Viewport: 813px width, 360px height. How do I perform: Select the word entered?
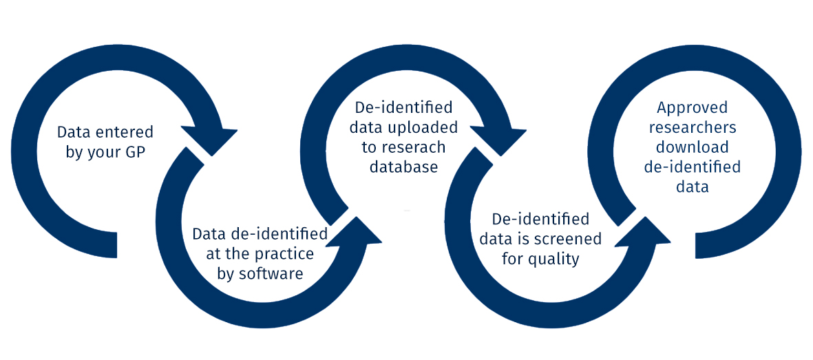coord(129,131)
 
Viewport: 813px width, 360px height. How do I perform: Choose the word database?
coord(403,167)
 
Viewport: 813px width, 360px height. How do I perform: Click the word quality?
coord(553,259)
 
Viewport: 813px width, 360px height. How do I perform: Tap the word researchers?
coord(692,127)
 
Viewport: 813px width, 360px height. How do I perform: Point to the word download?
coord(692,147)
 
